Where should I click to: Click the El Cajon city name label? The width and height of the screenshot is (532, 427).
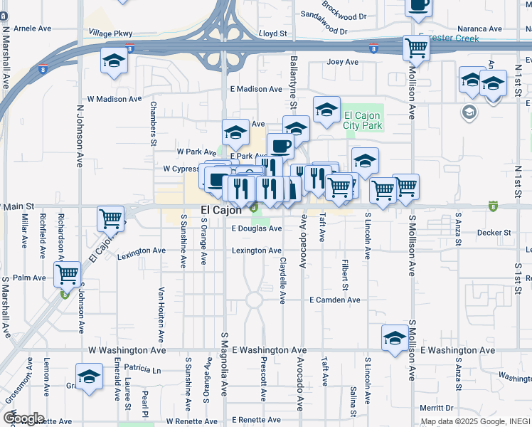[221, 211]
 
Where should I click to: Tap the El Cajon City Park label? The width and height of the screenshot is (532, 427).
[363, 121]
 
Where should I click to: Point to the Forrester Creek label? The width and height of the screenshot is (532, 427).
[448, 38]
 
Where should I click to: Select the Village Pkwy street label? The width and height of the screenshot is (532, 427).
[110, 33]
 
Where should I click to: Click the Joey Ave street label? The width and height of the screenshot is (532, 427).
[342, 62]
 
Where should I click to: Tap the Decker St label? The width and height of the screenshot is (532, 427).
[494, 233]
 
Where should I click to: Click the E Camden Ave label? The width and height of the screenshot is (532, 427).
[334, 300]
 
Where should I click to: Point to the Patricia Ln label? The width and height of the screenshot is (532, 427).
[143, 369]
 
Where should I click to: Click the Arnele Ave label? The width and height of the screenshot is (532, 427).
[33, 28]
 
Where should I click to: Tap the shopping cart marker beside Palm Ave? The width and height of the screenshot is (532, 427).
[67, 273]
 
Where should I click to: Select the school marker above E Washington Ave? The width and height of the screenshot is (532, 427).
[395, 337]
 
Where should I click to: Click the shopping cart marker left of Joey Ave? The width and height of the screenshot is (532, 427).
[416, 48]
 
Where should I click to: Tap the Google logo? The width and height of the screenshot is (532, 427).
[23, 418]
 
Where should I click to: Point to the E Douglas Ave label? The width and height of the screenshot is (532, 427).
[257, 229]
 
